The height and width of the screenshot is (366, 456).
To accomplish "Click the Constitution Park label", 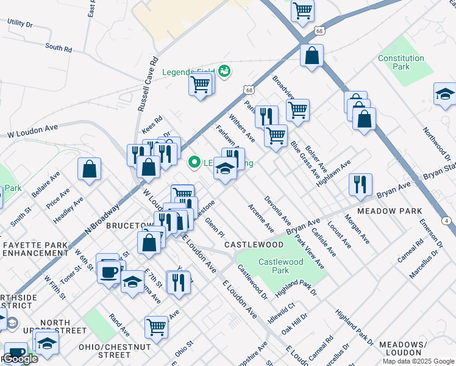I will pos(401,62).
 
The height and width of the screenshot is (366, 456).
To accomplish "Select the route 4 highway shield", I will pos(447,220).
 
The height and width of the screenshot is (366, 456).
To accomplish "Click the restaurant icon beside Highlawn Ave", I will pos(360,184).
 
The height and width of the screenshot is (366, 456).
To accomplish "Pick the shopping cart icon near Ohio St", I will pos(156,328).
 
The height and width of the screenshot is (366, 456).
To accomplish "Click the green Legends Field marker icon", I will pos(224,71).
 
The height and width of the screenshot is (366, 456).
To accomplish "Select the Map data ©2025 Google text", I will pos(418,361).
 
